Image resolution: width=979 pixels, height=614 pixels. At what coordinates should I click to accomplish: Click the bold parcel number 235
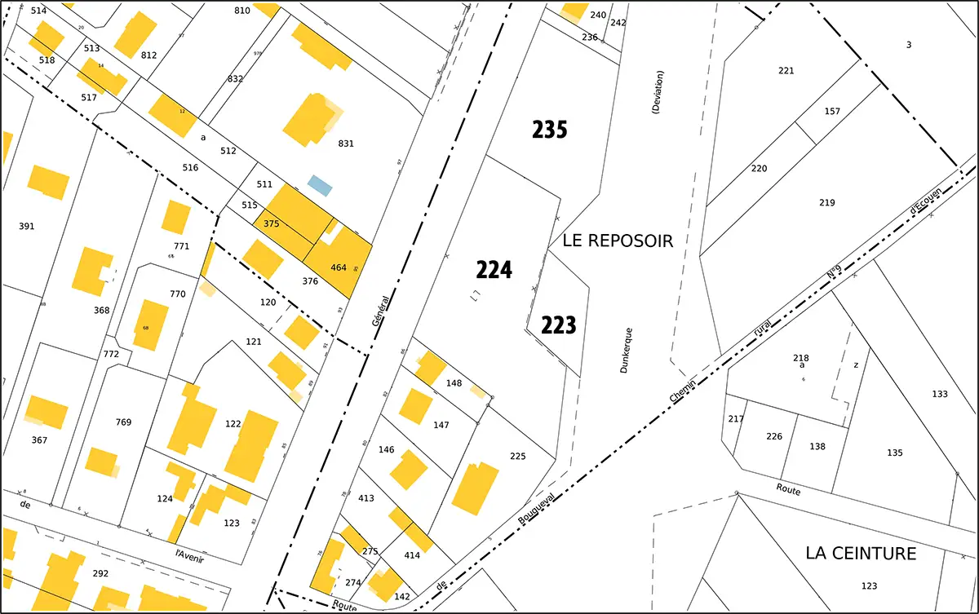pyautogui.click(x=550, y=130)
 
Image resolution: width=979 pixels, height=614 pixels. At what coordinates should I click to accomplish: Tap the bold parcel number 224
pyautogui.click(x=494, y=270)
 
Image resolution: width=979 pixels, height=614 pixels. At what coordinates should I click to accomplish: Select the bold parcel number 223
pyautogui.click(x=559, y=326)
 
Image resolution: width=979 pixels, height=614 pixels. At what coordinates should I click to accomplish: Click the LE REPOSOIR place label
pyautogui.click(x=618, y=241)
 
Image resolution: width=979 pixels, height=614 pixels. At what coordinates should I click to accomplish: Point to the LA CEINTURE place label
pyautogui.click(x=861, y=554)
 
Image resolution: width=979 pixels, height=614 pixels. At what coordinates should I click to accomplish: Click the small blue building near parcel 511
pyautogui.click(x=320, y=185)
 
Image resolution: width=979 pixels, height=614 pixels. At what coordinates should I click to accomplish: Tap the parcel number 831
pyautogui.click(x=346, y=144)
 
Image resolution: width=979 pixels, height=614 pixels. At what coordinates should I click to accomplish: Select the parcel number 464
pyautogui.click(x=339, y=267)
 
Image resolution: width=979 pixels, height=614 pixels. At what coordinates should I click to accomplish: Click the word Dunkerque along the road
pyautogui.click(x=626, y=351)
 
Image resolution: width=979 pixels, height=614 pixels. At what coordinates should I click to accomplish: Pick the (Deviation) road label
pyautogui.click(x=658, y=91)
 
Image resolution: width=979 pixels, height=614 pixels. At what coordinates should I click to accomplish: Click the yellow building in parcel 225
pyautogui.click(x=475, y=488)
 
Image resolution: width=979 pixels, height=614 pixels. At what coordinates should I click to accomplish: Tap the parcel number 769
pyautogui.click(x=123, y=422)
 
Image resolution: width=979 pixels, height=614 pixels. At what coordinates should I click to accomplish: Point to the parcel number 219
pyautogui.click(x=827, y=202)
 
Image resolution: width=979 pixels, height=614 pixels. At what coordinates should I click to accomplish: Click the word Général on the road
pyautogui.click(x=380, y=311)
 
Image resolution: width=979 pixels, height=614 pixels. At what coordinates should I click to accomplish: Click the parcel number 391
pyautogui.click(x=27, y=226)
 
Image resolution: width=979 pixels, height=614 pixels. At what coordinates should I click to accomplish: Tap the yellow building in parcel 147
pyautogui.click(x=415, y=405)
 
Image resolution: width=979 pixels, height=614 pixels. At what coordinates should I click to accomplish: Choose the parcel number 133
pyautogui.click(x=940, y=394)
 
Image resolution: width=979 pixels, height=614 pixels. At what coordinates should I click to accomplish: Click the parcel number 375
pyautogui.click(x=272, y=223)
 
